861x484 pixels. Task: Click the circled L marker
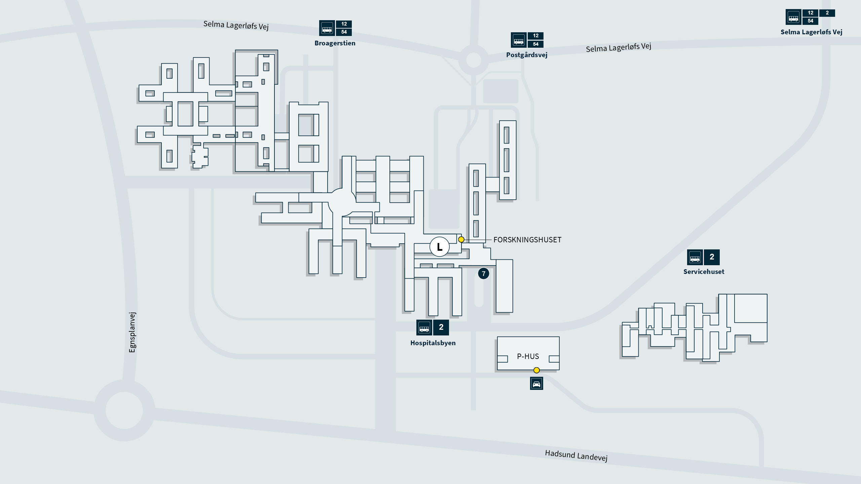(x=439, y=247)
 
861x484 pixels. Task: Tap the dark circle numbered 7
(x=484, y=274)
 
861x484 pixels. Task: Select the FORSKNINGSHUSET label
(x=527, y=240)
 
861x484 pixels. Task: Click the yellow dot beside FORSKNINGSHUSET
(x=461, y=240)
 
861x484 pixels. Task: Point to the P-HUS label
(x=528, y=356)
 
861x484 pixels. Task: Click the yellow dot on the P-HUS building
(x=536, y=370)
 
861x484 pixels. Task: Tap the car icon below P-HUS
(x=536, y=384)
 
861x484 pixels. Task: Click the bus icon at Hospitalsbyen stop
(x=424, y=327)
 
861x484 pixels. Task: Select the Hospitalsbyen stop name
(x=433, y=343)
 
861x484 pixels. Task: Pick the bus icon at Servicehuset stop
(x=695, y=257)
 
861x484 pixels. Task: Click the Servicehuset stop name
(x=704, y=272)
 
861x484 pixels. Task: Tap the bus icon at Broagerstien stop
(x=327, y=28)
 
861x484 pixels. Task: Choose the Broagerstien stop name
(x=335, y=43)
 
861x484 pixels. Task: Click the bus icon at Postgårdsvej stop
(x=519, y=40)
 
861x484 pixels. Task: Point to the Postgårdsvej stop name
(x=527, y=55)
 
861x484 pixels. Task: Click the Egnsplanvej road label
(x=132, y=332)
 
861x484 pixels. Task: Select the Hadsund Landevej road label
(x=576, y=456)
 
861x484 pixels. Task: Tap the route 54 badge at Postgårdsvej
(x=536, y=44)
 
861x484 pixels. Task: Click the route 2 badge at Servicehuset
(x=712, y=257)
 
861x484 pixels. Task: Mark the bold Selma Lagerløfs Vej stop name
(x=811, y=32)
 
